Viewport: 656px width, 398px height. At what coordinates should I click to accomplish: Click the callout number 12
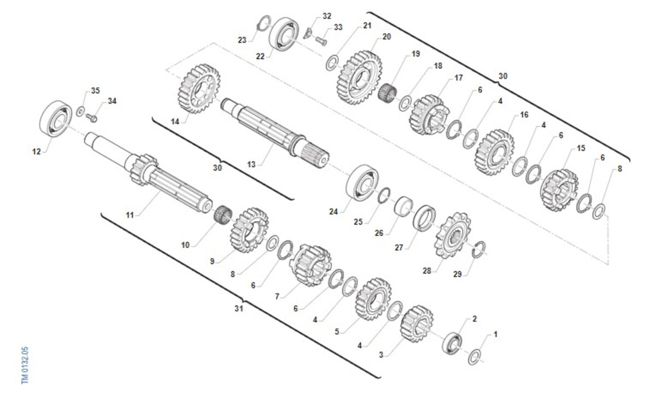(36, 151)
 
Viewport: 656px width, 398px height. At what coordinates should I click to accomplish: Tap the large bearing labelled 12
(56, 118)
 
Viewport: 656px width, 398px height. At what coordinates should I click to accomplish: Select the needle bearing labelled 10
(223, 214)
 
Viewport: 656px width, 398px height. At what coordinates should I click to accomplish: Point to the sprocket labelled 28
(453, 235)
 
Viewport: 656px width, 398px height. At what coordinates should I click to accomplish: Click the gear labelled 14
(199, 89)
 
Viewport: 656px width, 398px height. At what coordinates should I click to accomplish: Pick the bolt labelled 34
(91, 118)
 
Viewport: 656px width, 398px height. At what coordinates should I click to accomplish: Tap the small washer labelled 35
(80, 112)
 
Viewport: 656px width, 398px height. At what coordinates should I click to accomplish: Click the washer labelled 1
(474, 357)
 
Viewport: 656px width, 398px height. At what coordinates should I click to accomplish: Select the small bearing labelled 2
(452, 343)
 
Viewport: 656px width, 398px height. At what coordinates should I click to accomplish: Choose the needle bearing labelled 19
(388, 92)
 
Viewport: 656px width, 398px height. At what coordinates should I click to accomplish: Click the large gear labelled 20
(359, 78)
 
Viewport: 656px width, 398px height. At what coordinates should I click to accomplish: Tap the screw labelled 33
(321, 40)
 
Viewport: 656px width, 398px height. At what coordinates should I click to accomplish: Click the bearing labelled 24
(362, 183)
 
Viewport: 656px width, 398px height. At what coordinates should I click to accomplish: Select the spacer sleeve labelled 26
(403, 206)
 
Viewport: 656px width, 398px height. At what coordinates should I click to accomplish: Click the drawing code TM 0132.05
(25, 365)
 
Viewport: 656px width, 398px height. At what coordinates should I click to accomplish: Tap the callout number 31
(239, 308)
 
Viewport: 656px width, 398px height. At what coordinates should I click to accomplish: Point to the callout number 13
(251, 165)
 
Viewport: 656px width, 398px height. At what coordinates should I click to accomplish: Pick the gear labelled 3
(417, 324)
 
